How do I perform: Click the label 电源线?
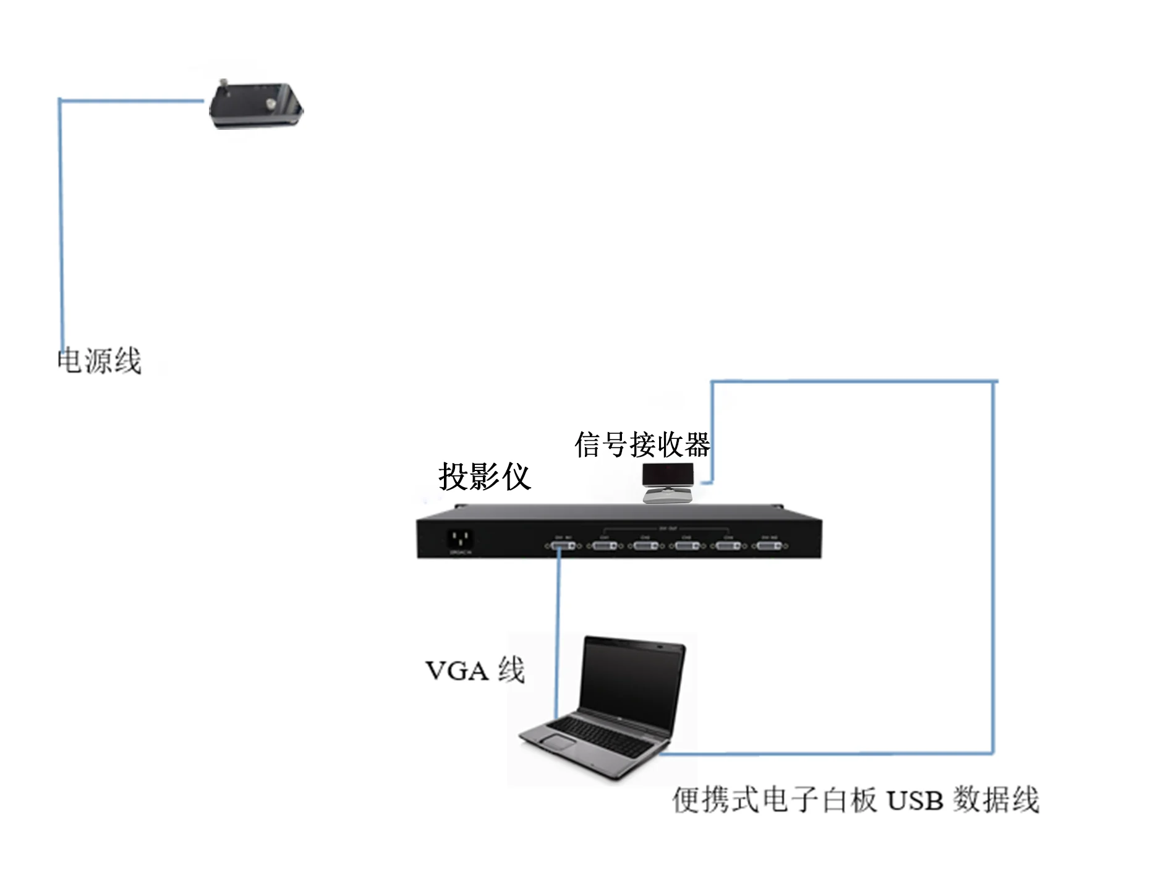[x=99, y=361]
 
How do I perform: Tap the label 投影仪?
[x=484, y=477]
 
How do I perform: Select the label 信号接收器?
[x=642, y=444]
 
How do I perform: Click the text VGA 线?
[x=475, y=671]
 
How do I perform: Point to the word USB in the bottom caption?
[x=914, y=801]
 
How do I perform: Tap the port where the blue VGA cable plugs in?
[x=563, y=546]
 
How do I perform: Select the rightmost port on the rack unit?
[x=768, y=546]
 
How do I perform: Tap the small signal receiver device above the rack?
[x=667, y=482]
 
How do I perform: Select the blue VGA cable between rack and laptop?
[x=558, y=631]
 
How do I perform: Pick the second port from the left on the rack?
[x=604, y=546]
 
